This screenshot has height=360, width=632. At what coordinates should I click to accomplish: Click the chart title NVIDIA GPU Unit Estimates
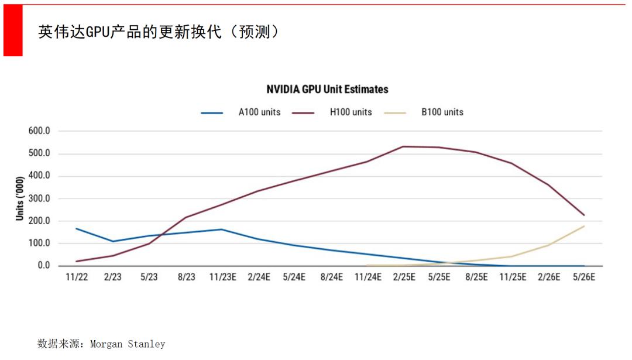(327, 90)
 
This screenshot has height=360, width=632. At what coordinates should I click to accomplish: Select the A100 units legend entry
(259, 112)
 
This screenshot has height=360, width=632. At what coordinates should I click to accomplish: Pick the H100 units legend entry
(351, 112)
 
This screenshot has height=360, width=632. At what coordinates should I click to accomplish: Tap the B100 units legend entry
(442, 112)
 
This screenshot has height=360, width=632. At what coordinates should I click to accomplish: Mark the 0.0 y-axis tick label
(44, 266)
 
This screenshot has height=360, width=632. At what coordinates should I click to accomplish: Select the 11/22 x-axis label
(77, 277)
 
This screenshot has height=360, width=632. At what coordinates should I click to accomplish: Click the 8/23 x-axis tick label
(186, 277)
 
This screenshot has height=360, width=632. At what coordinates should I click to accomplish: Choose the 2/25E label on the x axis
(403, 277)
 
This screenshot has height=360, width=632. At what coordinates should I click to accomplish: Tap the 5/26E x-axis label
(584, 277)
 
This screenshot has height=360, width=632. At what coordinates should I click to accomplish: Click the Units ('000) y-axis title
(20, 198)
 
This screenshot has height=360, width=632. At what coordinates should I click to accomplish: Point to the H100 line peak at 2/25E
(403, 146)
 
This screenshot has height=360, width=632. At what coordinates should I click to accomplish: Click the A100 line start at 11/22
(77, 229)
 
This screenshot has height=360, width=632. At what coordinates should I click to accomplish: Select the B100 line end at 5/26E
(584, 226)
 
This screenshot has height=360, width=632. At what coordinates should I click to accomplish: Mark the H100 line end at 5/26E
(584, 215)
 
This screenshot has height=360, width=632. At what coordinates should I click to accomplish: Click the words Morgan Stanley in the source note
(128, 344)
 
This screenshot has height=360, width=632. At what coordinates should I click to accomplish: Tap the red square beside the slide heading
(13, 30)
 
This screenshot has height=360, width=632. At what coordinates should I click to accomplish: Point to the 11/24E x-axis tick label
(367, 277)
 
